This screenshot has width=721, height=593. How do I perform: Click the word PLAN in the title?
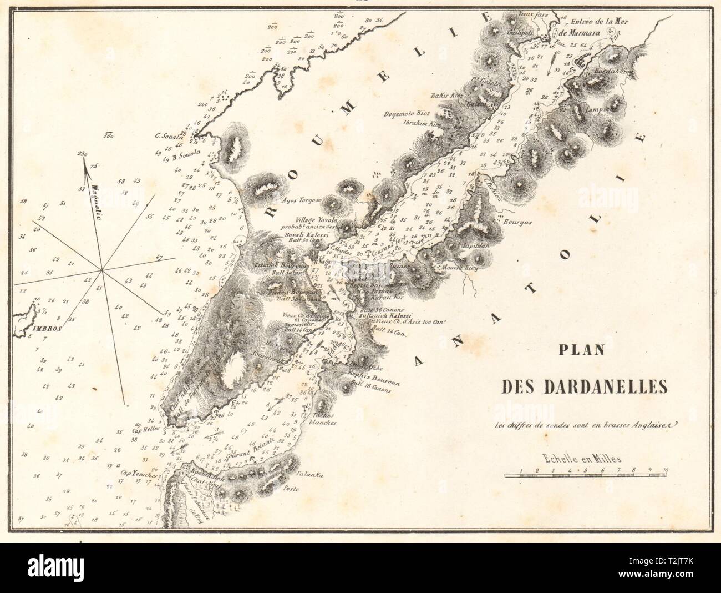pos(577,350)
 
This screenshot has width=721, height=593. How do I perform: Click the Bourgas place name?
pos(517,221)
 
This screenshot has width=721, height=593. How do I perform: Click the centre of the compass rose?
pos(101,270)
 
